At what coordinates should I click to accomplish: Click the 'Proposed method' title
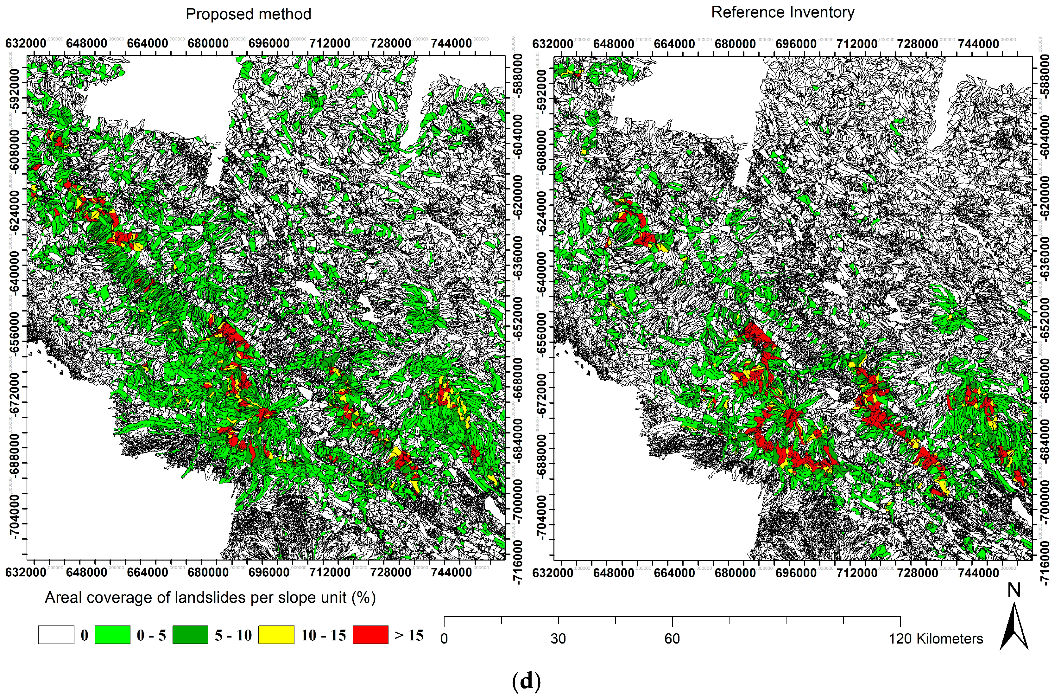pos(248,14)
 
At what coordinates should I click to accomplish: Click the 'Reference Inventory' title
pos(782,12)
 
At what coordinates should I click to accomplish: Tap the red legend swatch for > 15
pos(370,634)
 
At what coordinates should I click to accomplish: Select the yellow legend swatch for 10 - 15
pos(276,634)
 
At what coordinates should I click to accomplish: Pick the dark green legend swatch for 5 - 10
pos(190,634)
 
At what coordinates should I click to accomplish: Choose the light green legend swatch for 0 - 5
pos(112,634)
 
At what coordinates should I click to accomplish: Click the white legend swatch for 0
pos(56,634)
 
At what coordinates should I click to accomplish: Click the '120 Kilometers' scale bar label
pos(936,638)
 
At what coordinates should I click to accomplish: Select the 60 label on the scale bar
pos(672,638)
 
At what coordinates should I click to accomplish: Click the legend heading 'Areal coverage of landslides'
pos(210,597)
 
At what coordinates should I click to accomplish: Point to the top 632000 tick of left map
pos(26,43)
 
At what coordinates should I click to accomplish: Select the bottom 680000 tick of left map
pos(208,572)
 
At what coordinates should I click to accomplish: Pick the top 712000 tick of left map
pos(330,43)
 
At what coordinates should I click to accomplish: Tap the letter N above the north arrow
pos(1014,591)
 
